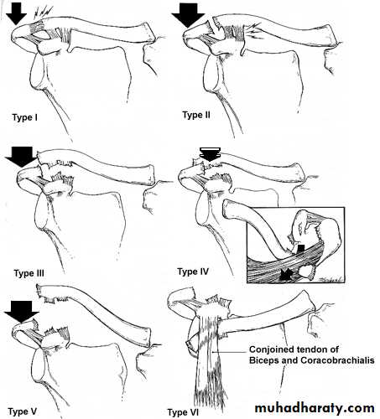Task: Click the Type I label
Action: click(x=24, y=117)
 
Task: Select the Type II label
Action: click(x=196, y=115)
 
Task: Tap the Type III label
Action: click(x=29, y=273)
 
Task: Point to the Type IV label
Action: click(x=193, y=272)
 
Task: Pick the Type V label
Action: click(x=23, y=411)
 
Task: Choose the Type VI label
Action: click(x=183, y=412)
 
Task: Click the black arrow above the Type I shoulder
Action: click(x=17, y=14)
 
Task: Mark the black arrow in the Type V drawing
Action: click(x=22, y=312)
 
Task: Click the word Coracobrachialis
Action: click(x=337, y=360)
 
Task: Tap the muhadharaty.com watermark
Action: click(x=315, y=408)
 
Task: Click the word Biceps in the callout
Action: click(x=264, y=360)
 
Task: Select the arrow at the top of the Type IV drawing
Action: click(x=211, y=154)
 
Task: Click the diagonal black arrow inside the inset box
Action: click(x=287, y=274)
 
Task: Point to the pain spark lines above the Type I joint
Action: click(x=43, y=13)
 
